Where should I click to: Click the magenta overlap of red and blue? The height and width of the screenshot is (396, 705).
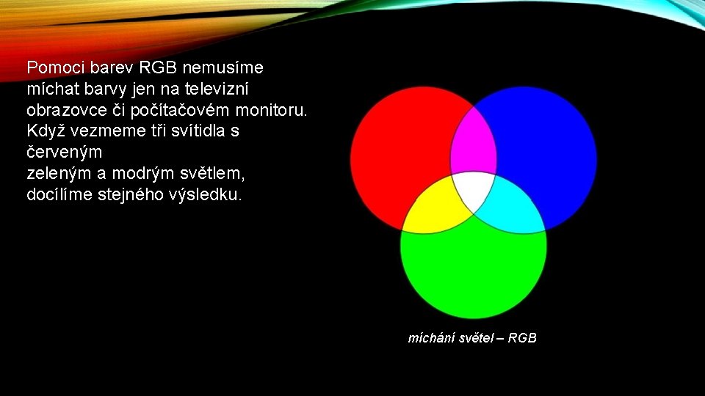(x=474, y=139)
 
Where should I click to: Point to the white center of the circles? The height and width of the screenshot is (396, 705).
(x=474, y=189)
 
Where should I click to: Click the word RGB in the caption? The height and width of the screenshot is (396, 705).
(x=522, y=338)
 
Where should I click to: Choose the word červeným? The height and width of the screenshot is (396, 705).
(x=64, y=153)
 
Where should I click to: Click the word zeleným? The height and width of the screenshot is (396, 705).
(x=57, y=175)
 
